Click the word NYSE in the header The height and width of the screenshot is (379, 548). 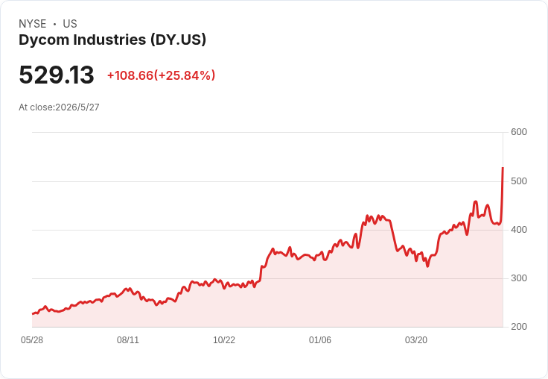coord(33,24)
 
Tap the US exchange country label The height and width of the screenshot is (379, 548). coord(70,24)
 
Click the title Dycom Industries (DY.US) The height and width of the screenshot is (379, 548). coord(112,40)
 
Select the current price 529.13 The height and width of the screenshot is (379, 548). coord(57,75)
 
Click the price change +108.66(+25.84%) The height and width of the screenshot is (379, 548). coord(161,75)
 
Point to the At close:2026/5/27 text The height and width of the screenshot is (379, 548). coord(59,107)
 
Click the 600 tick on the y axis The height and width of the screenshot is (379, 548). coord(519,132)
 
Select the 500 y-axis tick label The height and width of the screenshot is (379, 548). coord(519,181)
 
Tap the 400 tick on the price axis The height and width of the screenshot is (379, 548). coord(519,230)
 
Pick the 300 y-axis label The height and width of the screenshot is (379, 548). coord(519,278)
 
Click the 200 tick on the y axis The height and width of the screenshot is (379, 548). coord(519,327)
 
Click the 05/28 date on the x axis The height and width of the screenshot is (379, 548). coord(32,340)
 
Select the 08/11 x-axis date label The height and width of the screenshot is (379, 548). coord(128,340)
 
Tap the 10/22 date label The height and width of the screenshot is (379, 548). coord(224,340)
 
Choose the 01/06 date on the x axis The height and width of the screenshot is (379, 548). coord(320,340)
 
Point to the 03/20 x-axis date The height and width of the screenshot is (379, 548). coord(416,340)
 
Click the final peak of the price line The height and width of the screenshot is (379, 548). coord(503,168)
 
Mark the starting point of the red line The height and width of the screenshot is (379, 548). coord(33,314)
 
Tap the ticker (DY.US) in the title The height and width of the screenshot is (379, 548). coord(178,40)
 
